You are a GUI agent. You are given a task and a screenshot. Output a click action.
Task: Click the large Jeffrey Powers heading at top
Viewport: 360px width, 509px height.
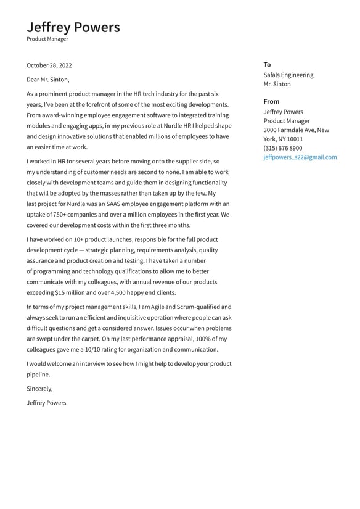point(73,27)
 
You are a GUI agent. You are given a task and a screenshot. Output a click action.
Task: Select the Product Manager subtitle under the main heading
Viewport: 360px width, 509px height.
point(47,39)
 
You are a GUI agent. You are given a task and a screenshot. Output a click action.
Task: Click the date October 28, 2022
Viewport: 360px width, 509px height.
point(49,65)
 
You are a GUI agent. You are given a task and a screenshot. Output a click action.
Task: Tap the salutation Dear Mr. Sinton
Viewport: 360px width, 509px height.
point(48,80)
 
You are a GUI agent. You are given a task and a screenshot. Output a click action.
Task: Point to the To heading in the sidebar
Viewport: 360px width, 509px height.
point(267,65)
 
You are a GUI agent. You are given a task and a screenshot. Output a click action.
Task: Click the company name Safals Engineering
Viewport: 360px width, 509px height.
point(288,75)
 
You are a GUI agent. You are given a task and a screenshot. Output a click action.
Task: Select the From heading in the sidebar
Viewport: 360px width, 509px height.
point(271,101)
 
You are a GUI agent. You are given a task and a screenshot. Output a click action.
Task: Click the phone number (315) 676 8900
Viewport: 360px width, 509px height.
point(282,148)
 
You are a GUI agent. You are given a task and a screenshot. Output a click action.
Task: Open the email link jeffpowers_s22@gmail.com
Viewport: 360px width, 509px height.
point(300,157)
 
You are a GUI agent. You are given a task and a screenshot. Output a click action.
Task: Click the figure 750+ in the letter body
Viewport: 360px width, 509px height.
point(60,215)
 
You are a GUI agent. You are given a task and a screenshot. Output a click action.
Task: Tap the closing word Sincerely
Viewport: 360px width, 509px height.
point(39,389)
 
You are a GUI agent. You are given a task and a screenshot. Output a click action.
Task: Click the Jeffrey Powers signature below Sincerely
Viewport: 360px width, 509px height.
point(46,403)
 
